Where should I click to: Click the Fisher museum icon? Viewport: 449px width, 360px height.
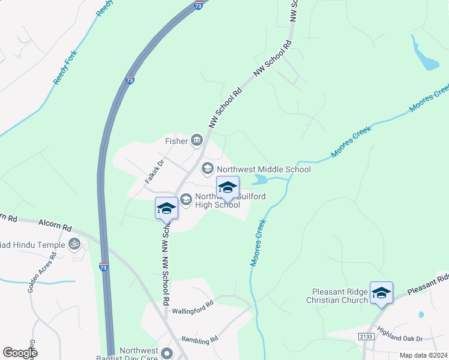click(x=197, y=141)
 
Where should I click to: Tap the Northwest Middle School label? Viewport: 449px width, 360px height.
click(x=264, y=169)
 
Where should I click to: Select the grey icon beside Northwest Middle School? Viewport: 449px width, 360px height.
click(x=208, y=169)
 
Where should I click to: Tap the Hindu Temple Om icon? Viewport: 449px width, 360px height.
click(x=75, y=244)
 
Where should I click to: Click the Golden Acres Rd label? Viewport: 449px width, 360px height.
click(x=41, y=272)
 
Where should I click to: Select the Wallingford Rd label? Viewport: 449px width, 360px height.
click(x=193, y=305)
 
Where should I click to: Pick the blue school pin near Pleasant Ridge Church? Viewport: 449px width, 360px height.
click(x=381, y=293)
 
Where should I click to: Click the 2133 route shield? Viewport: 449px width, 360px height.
click(x=367, y=337)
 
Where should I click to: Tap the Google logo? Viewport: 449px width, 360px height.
click(x=20, y=353)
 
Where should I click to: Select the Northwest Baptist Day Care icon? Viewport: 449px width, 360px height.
click(x=167, y=353)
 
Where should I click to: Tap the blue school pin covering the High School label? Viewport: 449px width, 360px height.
click(x=228, y=187)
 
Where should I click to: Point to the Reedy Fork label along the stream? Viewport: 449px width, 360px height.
click(x=67, y=67)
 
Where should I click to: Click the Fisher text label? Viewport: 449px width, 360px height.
click(x=176, y=142)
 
